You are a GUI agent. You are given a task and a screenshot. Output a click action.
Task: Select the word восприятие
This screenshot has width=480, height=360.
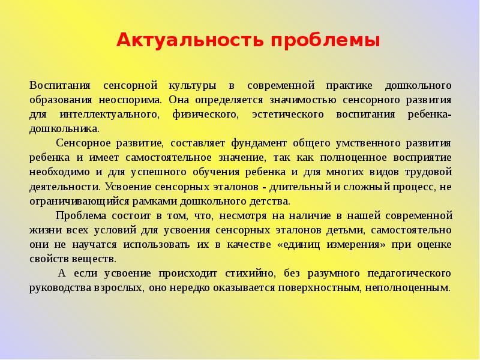[422, 157]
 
